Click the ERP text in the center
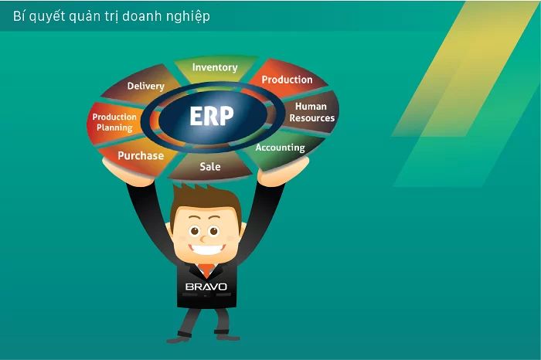point(212,117)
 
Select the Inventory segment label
point(215,67)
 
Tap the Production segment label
point(287,80)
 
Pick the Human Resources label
point(312,113)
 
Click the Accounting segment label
point(280,147)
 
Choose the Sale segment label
point(210,166)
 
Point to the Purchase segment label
point(141,155)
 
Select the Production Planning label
point(114,122)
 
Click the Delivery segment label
point(146,87)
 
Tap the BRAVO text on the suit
point(206,286)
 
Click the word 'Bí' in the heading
point(19,15)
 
